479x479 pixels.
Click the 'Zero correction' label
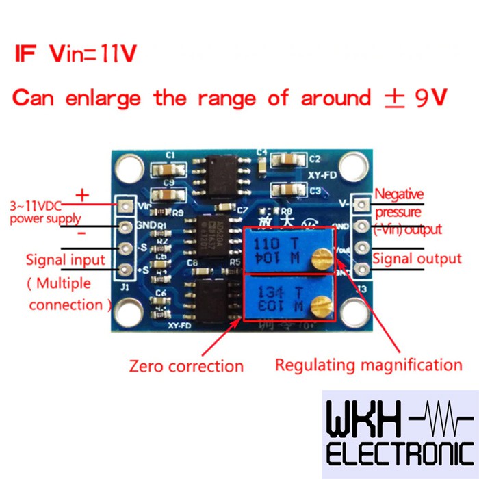tap(186, 366)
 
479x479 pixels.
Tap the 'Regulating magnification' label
tap(368, 364)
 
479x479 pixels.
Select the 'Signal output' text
tap(417, 259)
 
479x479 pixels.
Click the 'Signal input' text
tap(66, 259)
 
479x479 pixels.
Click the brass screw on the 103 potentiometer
tap(319, 305)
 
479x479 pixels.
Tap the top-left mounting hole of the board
tap(127, 166)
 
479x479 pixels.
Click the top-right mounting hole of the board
tap(351, 164)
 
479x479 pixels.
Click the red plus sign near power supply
tap(82, 195)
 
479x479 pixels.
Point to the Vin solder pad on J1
tap(126, 205)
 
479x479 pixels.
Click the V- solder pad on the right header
tap(363, 203)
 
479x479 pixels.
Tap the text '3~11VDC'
tap(38, 205)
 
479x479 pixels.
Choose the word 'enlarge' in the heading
tap(103, 98)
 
